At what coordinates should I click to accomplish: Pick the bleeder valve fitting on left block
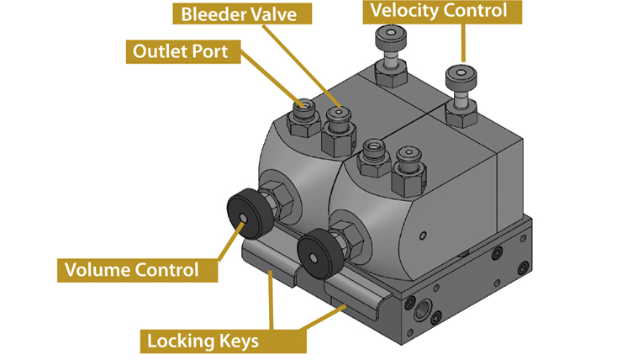click(x=339, y=115)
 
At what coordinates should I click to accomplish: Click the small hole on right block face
click(x=423, y=233)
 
